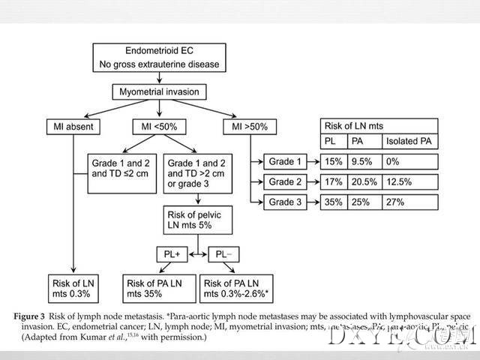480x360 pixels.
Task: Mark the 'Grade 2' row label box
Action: tap(286, 181)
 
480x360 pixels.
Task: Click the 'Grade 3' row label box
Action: tap(286, 202)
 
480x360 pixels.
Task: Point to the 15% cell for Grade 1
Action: tap(333, 161)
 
